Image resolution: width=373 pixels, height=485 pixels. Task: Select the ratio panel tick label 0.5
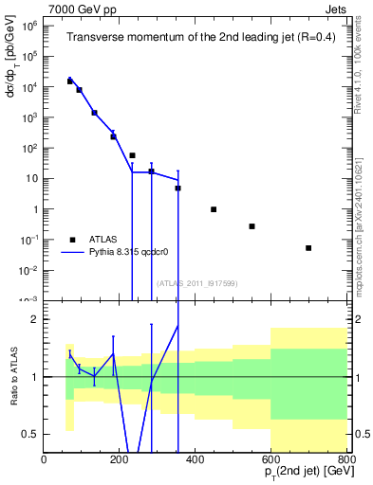click(30, 434)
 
